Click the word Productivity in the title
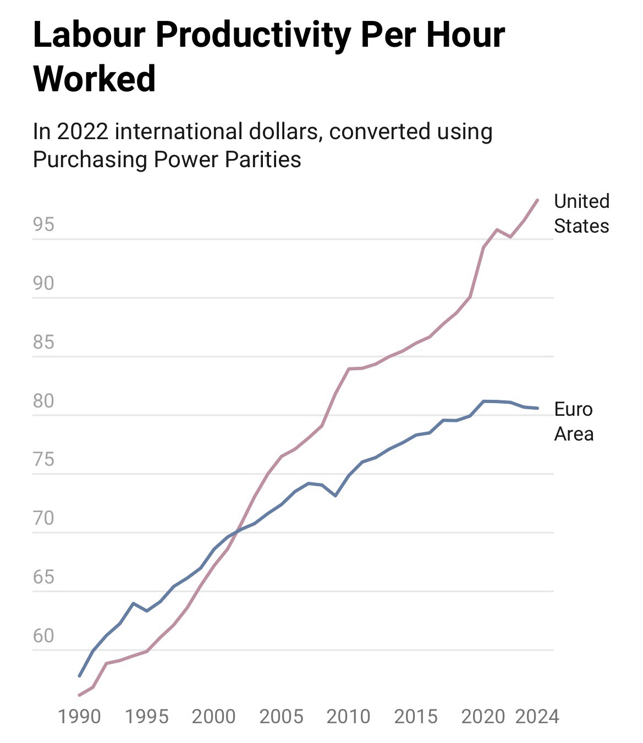(253, 36)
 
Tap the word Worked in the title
(95, 79)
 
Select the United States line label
(581, 213)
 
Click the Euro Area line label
(574, 421)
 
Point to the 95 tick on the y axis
(43, 224)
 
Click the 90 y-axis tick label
(43, 283)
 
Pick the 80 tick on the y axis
(43, 401)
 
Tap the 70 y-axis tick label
(43, 518)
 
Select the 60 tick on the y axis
(43, 636)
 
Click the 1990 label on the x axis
(79, 717)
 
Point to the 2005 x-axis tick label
(281, 717)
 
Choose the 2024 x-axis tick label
(537, 717)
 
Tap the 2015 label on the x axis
(416, 717)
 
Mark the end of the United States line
(537, 200)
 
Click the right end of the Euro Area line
(537, 408)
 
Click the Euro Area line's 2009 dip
(335, 496)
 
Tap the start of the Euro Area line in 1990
(80, 676)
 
